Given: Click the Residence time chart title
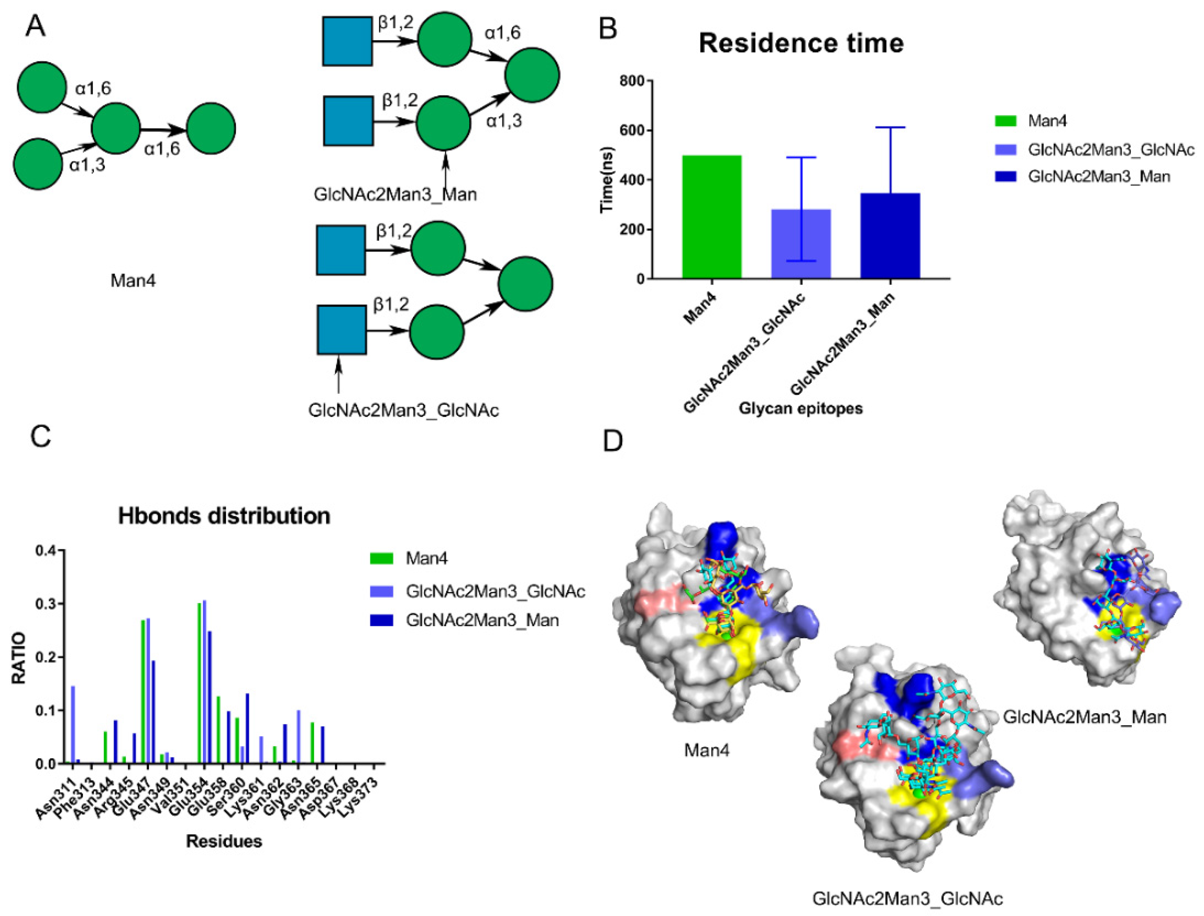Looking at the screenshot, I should tap(801, 43).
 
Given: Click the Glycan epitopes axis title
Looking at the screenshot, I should tap(801, 408).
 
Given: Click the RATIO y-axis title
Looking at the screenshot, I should tap(20, 657).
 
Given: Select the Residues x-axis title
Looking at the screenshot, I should tap(224, 841).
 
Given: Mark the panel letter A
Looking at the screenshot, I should tap(36, 26).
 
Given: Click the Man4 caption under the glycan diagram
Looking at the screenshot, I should tap(133, 281).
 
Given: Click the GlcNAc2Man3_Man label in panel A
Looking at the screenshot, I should tap(395, 194).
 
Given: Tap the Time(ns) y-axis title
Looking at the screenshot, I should tap(607, 180).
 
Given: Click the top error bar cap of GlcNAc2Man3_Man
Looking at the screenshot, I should tap(890, 128).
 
